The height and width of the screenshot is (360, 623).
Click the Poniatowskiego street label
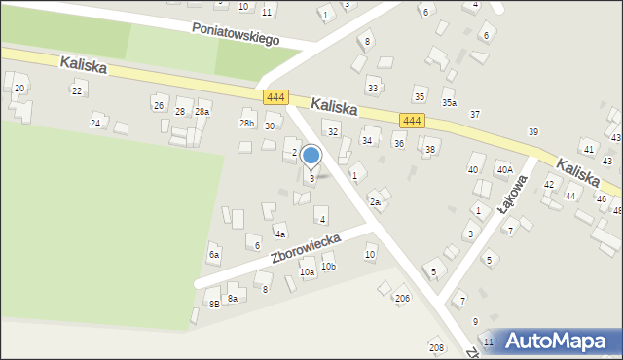236,34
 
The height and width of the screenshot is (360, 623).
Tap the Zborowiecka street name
306,249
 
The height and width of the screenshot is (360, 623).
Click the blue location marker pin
311,156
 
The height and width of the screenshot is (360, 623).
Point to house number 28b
247,124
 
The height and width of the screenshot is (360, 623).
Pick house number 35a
449,102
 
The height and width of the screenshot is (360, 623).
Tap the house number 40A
504,169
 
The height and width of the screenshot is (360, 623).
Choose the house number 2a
375,201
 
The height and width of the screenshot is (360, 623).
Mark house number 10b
328,266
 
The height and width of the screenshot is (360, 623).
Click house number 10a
308,273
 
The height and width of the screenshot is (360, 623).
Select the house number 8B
214,305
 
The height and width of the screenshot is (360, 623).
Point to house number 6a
214,254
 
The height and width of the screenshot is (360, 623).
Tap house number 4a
279,234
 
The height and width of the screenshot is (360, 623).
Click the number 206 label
402,298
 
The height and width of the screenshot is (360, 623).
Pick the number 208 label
436,347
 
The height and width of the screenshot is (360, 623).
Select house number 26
158,105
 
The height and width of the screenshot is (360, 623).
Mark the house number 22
77,90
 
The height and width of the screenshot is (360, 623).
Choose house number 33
373,88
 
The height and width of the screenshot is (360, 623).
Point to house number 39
533,131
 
